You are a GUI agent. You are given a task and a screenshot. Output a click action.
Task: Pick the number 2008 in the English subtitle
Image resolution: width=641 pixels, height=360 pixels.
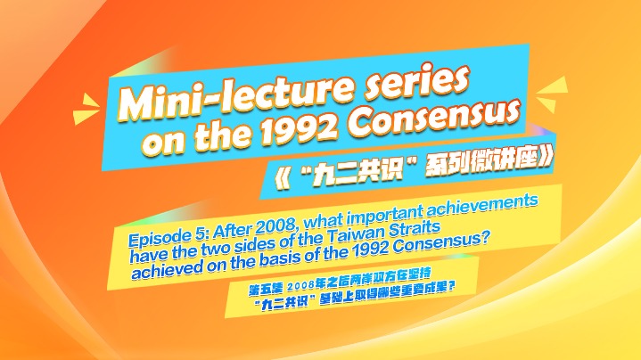279,224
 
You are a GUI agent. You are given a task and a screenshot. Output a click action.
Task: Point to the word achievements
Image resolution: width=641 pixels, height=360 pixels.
483,205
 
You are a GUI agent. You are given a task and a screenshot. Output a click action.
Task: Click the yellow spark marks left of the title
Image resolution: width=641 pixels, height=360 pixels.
86,109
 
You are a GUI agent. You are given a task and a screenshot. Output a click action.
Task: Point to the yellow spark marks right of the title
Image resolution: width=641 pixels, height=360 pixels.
552,94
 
